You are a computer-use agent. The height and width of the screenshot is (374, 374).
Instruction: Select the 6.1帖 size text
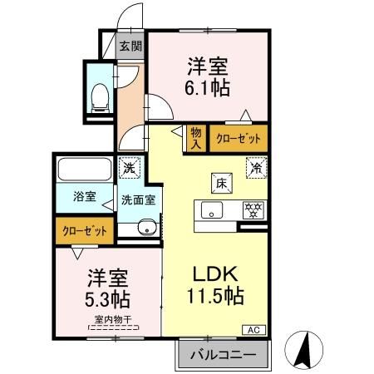[x=208, y=86]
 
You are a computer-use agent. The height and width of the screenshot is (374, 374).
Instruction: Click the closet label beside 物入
[x=238, y=138]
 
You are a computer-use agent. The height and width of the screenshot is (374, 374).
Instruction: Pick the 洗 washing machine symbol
[x=129, y=166]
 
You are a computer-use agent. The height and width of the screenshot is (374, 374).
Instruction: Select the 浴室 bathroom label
[x=84, y=197]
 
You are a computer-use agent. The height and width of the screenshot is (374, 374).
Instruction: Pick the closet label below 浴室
[x=85, y=229]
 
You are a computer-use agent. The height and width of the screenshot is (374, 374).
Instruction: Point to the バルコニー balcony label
[x=222, y=355]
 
